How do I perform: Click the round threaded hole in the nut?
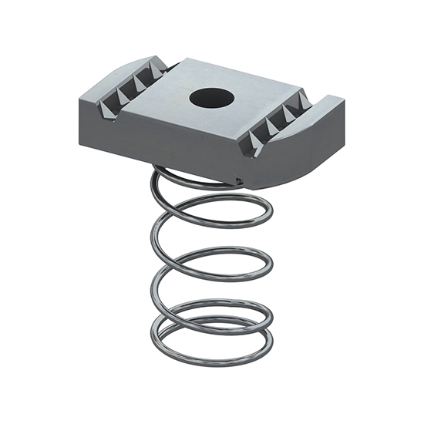[x=210, y=98]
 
